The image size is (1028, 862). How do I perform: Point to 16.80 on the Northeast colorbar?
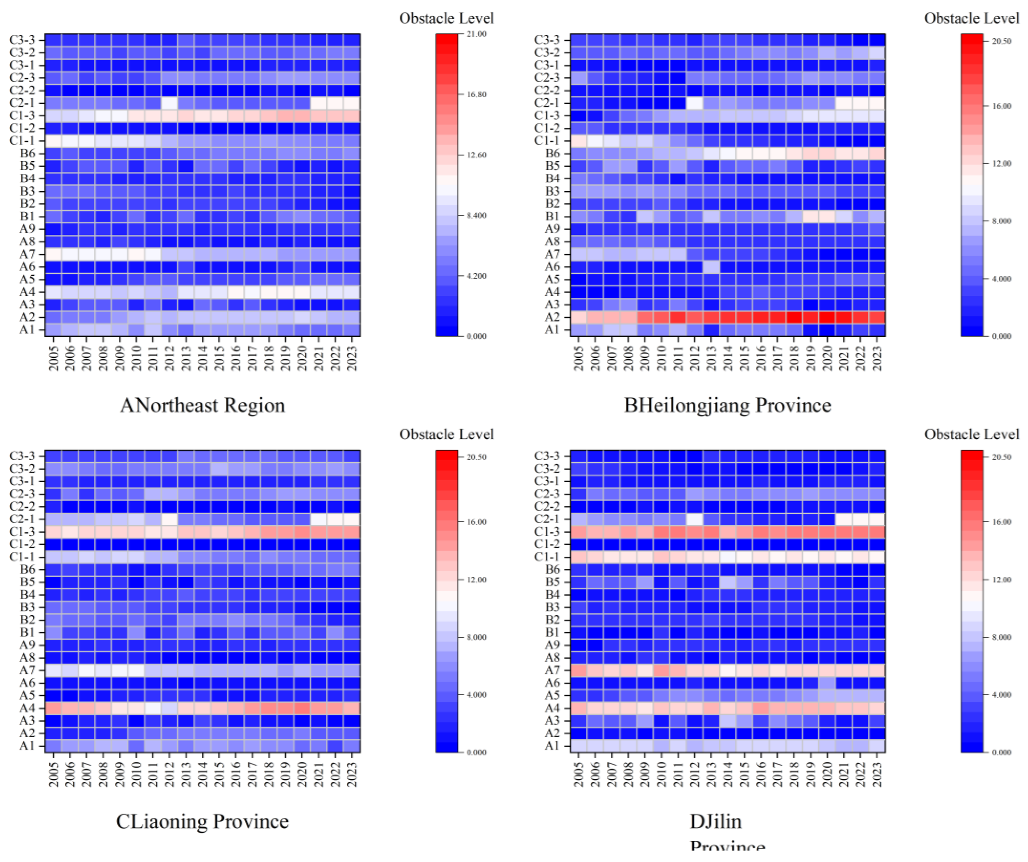tap(476, 94)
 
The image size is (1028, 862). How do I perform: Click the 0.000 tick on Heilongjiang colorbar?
tap(1001, 336)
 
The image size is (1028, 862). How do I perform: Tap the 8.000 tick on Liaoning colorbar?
tap(476, 637)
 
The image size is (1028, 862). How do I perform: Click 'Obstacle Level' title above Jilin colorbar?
tap(971, 434)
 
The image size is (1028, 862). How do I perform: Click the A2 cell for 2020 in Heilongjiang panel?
tap(827, 317)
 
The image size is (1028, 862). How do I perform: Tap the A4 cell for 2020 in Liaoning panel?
tap(302, 708)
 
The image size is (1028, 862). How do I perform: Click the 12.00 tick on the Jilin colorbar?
tap(1001, 580)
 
